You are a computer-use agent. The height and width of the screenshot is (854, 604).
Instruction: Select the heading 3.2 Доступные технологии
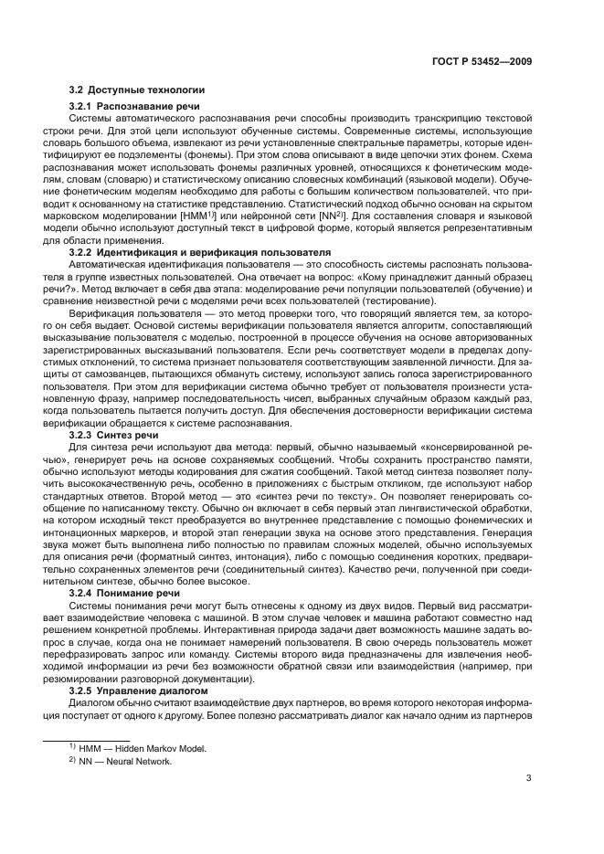137,90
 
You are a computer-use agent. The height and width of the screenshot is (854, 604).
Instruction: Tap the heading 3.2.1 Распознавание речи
134,108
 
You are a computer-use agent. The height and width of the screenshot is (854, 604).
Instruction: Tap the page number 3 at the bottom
529,779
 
